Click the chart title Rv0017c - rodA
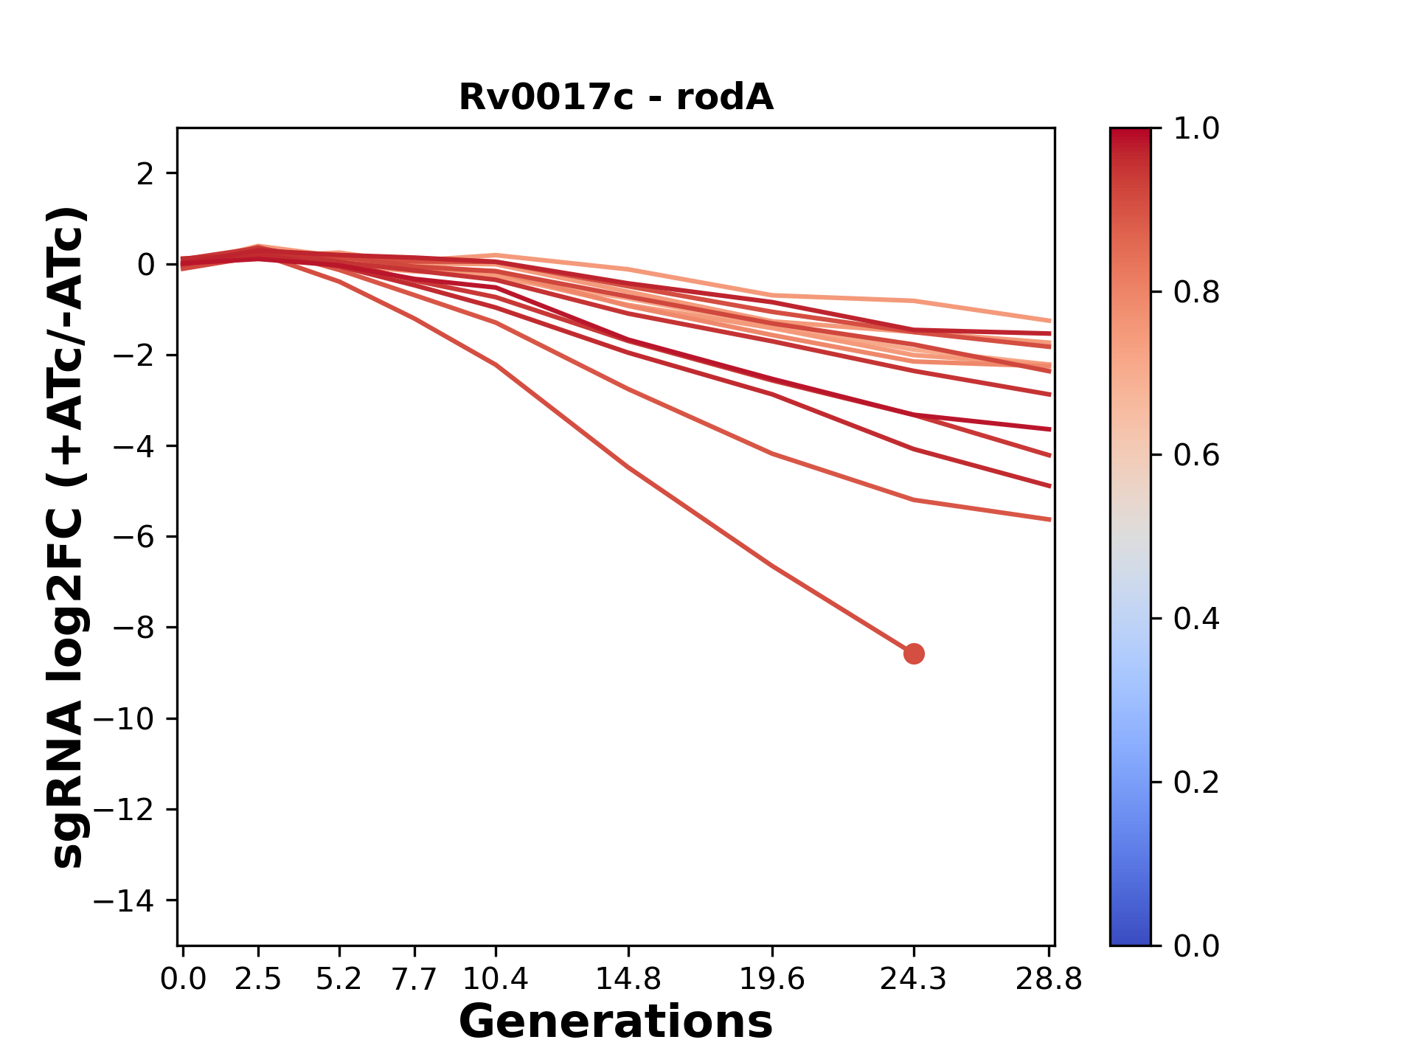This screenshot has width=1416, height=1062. [x=616, y=97]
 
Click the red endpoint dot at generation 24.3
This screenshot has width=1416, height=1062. [x=914, y=653]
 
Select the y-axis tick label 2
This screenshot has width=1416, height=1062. [x=146, y=174]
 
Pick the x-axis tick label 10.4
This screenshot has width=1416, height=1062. [x=495, y=979]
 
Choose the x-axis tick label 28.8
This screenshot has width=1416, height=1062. [x=1049, y=979]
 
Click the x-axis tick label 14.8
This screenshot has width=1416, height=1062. [x=628, y=979]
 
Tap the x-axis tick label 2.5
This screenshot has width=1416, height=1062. [x=258, y=979]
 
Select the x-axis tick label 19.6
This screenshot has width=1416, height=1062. [x=771, y=979]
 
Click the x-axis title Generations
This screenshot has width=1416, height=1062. [x=616, y=1022]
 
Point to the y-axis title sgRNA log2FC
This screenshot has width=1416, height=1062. [x=69, y=537]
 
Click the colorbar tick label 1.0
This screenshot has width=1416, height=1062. [x=1196, y=129]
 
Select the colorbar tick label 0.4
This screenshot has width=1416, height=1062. [x=1196, y=619]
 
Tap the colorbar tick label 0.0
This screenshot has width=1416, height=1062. [x=1196, y=945]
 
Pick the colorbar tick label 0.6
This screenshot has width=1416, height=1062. [x=1196, y=456]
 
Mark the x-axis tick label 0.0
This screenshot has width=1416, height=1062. [x=184, y=979]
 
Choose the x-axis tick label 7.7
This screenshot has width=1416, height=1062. [x=414, y=979]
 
